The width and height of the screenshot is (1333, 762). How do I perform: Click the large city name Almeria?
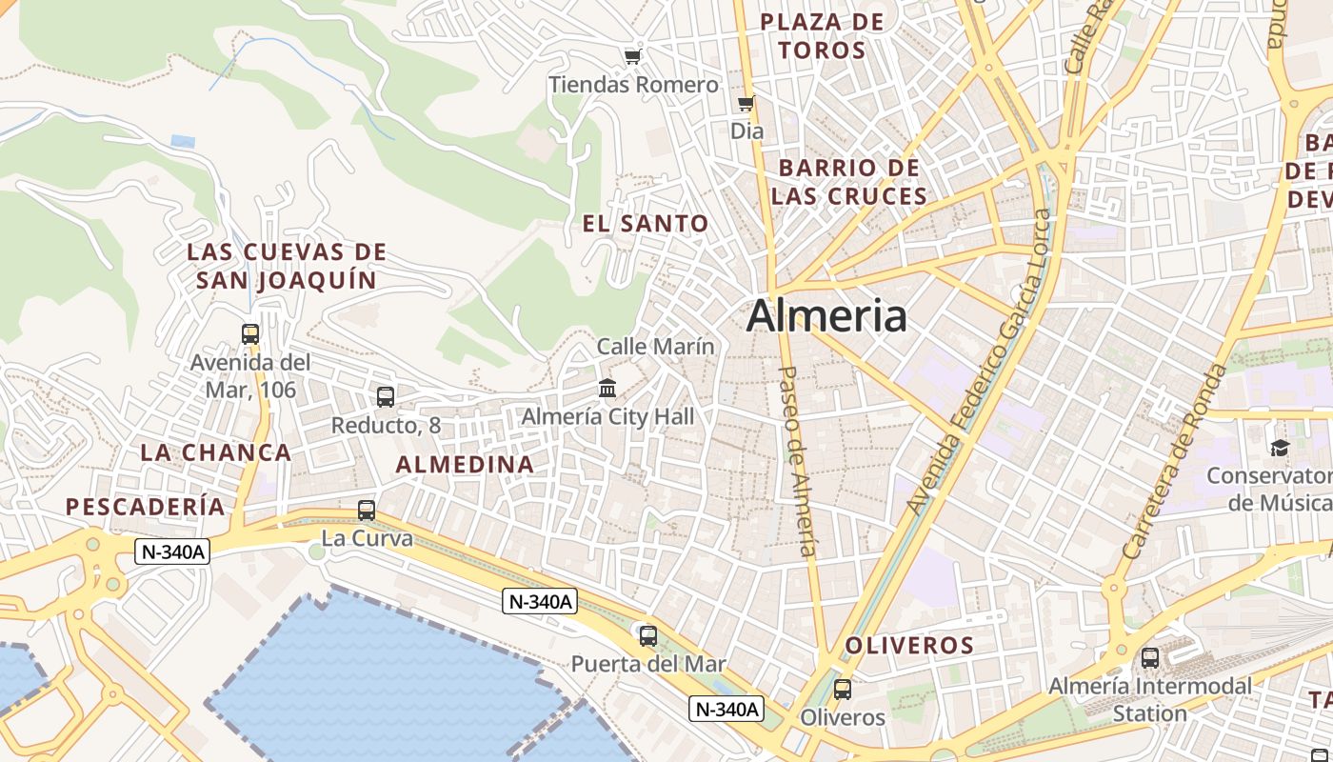[826, 316]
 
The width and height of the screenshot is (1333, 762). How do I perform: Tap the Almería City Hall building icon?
[607, 388]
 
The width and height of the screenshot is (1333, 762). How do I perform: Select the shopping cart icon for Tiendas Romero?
[633, 56]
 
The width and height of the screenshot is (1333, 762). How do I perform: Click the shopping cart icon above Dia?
[746, 103]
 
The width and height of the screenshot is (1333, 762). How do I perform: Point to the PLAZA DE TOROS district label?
[823, 36]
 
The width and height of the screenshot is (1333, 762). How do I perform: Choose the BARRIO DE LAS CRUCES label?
[849, 182]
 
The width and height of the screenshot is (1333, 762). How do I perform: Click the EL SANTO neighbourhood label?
[646, 224]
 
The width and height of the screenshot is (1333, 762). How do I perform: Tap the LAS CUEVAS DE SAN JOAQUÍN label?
[287, 266]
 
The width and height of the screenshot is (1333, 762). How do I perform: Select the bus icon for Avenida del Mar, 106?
[250, 334]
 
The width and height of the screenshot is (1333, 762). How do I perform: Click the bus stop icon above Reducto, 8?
[386, 397]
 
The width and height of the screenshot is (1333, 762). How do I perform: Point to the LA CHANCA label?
[216, 452]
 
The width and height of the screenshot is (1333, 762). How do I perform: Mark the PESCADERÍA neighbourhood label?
[146, 507]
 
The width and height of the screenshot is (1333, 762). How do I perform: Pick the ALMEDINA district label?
[465, 465]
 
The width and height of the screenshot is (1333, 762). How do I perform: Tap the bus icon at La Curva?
[367, 511]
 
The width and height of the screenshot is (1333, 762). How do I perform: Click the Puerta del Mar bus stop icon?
[648, 635]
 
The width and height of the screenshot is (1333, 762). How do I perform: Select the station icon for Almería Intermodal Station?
[1150, 657]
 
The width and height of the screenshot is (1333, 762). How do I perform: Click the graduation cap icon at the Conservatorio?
[1280, 447]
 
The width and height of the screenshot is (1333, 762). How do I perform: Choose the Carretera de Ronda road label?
[1175, 461]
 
